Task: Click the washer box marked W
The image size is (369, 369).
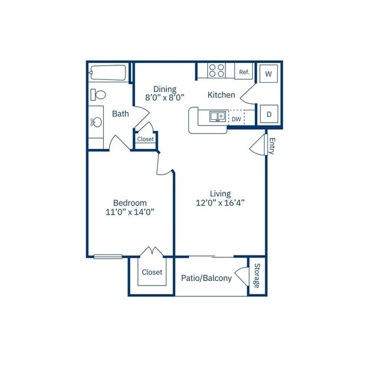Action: click(x=269, y=74)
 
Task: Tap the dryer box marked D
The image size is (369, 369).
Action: click(x=269, y=114)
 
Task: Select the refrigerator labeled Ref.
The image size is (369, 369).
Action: click(x=244, y=72)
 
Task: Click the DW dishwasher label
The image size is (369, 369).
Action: click(x=236, y=119)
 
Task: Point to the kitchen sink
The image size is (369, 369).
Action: click(x=217, y=116)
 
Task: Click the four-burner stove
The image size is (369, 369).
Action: click(x=216, y=70)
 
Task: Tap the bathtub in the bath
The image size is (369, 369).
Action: click(x=108, y=73)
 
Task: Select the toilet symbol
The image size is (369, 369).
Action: click(x=98, y=95)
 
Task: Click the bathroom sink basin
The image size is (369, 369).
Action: click(x=96, y=122)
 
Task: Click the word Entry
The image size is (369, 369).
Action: click(x=272, y=146)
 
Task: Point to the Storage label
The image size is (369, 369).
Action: click(x=257, y=275)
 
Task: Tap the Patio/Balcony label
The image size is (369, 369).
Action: click(x=207, y=278)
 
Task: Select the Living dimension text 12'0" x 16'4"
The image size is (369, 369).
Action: click(x=220, y=203)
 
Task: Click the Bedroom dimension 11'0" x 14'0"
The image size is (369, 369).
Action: click(x=130, y=212)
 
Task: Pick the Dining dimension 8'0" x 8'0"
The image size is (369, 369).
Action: click(x=165, y=98)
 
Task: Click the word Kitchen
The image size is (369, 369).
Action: click(x=221, y=95)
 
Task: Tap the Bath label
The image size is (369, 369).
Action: click(x=120, y=114)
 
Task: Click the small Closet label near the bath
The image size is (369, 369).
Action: click(x=145, y=139)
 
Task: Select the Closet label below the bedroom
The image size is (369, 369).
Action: click(x=152, y=272)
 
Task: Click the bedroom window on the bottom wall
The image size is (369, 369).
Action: click(x=108, y=257)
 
